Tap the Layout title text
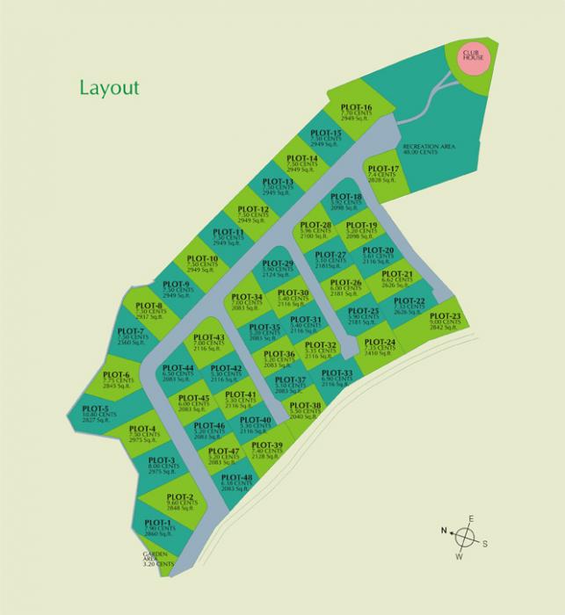[x=109, y=88]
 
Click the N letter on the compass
[x=445, y=530]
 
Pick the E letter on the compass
[x=472, y=518]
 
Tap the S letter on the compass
[x=484, y=543]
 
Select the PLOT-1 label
[x=159, y=524]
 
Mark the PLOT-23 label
[x=445, y=316]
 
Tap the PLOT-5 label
[x=95, y=409]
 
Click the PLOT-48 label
[x=237, y=478]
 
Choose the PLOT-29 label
[x=278, y=264]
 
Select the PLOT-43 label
[x=209, y=338]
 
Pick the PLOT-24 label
[x=380, y=342]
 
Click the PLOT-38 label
[x=305, y=405]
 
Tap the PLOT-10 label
[x=202, y=258]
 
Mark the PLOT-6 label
[x=115, y=375]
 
